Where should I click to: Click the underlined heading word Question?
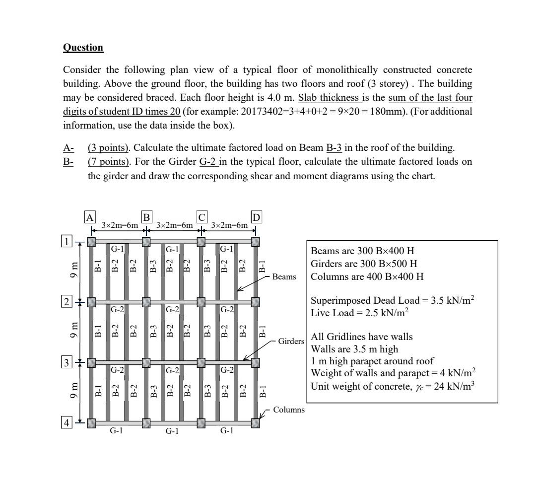pos(83,48)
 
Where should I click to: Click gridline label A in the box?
pos(89,217)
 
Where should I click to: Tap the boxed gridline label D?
pos(256,217)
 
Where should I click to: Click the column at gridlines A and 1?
pos(91,242)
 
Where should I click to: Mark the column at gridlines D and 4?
pos(256,423)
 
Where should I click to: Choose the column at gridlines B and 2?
pos(146,302)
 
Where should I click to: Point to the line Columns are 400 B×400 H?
pos(367,276)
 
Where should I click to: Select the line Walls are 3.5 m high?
pos(350,347)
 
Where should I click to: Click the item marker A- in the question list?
pos(68,147)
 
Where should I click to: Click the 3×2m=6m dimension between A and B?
pos(119,225)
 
